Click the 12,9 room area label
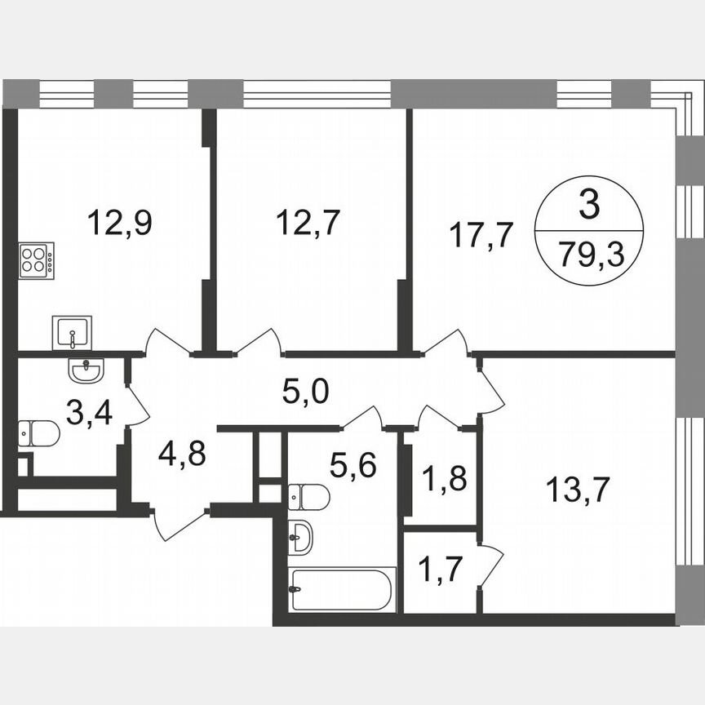tap(121, 222)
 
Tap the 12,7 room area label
tap(306, 222)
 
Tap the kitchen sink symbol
tap(72, 333)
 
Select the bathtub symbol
tap(341, 589)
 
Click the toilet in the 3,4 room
tap(38, 433)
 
